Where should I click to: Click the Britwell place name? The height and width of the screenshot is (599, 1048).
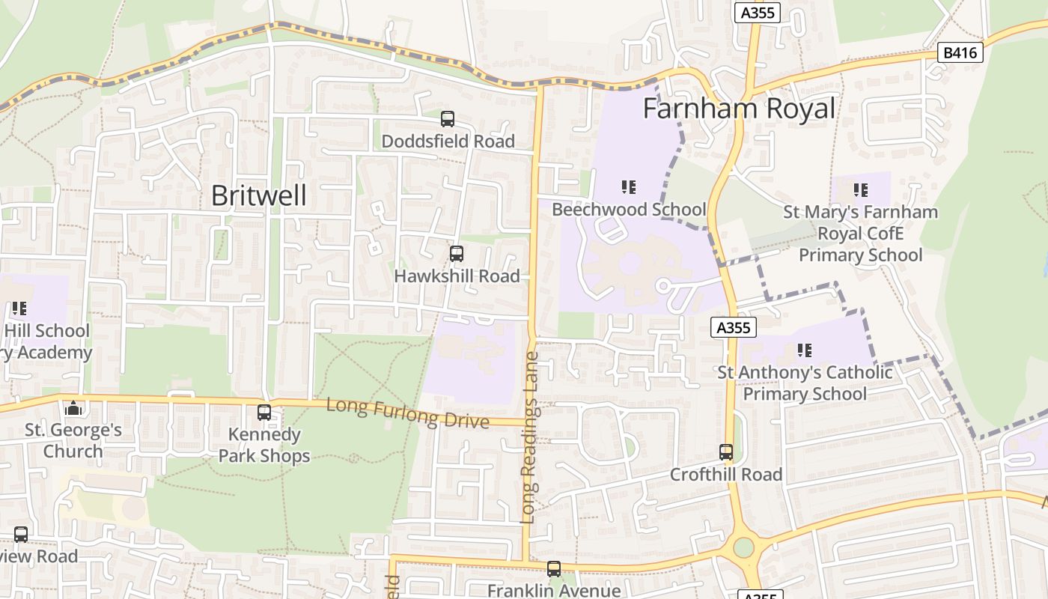pos(258,195)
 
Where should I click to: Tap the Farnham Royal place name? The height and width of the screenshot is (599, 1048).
pos(739,109)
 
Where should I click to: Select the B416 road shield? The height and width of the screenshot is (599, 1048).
pos(960,52)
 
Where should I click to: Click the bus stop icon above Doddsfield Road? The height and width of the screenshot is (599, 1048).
pos(447,119)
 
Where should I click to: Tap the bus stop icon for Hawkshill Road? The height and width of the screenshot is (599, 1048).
pos(456,254)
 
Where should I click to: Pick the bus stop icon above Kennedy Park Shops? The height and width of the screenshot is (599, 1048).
pos(263,412)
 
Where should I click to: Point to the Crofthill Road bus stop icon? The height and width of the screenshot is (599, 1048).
pos(725,452)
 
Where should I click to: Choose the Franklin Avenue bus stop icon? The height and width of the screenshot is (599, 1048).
pos(553,569)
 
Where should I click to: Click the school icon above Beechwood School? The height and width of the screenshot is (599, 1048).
pos(628,187)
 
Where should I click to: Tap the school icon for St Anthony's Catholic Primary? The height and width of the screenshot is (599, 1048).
pos(804,350)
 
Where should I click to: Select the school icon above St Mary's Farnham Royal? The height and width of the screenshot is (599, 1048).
pos(860,190)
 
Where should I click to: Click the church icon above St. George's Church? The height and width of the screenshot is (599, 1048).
pos(73,408)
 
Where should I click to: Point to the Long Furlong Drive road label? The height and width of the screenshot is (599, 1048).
pos(408,413)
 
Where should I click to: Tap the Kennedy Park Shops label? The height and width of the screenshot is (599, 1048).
pos(263,445)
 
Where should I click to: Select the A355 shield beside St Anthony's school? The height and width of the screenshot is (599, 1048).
pos(734,327)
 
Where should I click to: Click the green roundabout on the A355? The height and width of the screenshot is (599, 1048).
pos(743,547)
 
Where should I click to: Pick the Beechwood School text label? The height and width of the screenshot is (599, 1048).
pos(629,210)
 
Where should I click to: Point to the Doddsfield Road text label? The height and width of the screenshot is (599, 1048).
pos(448,142)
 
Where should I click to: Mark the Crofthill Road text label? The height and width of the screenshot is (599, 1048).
pos(725,475)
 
